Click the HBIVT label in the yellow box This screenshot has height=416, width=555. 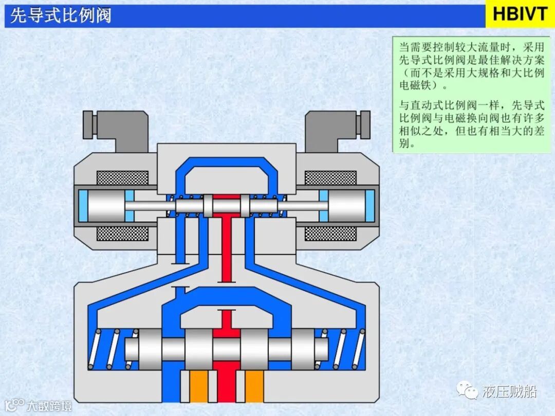(x=520, y=14)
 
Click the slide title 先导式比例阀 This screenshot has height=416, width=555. (x=61, y=15)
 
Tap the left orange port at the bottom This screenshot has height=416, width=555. (x=199, y=386)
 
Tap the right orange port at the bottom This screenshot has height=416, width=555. (x=254, y=386)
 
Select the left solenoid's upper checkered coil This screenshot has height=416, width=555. (x=123, y=178)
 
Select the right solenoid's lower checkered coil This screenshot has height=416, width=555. (x=330, y=234)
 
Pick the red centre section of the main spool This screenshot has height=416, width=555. (x=226, y=350)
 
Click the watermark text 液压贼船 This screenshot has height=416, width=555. (x=509, y=392)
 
